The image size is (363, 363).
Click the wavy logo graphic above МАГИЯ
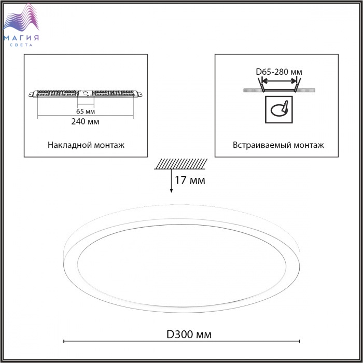click(21, 18)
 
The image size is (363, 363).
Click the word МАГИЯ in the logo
click(21, 38)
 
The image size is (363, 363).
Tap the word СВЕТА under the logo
click(21, 45)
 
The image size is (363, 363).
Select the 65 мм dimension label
click(86, 111)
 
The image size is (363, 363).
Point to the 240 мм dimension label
click(85, 121)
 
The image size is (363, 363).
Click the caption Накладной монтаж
click(86, 145)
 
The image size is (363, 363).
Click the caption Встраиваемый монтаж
click(278, 145)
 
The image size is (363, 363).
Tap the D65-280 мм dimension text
click(279, 72)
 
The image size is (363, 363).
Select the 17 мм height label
click(190, 180)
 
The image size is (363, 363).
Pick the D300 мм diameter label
click(189, 334)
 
